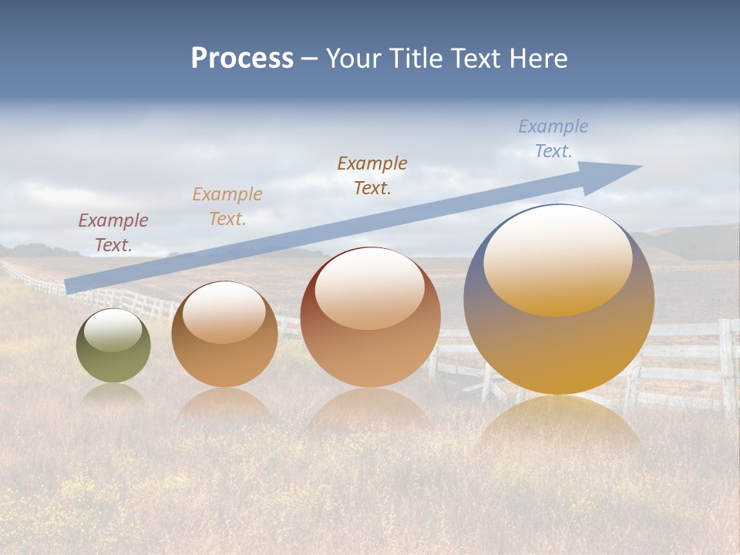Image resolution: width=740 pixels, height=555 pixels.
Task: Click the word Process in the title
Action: point(242,59)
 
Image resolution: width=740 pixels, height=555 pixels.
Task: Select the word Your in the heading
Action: point(353,59)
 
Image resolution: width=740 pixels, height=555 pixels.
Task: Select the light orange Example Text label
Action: point(227,207)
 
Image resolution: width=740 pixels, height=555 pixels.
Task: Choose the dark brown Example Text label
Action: point(372,175)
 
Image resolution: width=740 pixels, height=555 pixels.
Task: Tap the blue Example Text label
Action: point(553,139)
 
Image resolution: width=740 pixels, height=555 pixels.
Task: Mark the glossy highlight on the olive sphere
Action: point(113,329)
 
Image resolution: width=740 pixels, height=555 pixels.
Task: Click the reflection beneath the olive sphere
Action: point(113,395)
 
